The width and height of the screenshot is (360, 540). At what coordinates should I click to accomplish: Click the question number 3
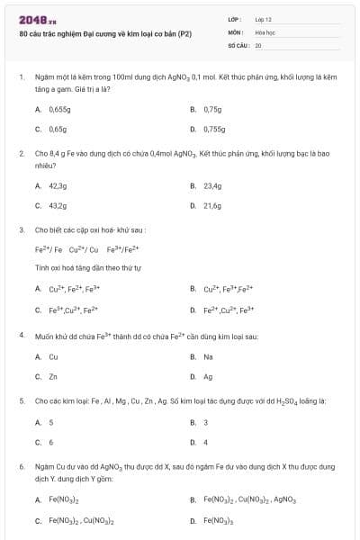click(x=21, y=230)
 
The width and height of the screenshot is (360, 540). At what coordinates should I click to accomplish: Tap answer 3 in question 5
click(x=206, y=422)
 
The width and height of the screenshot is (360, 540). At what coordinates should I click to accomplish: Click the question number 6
click(x=21, y=467)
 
